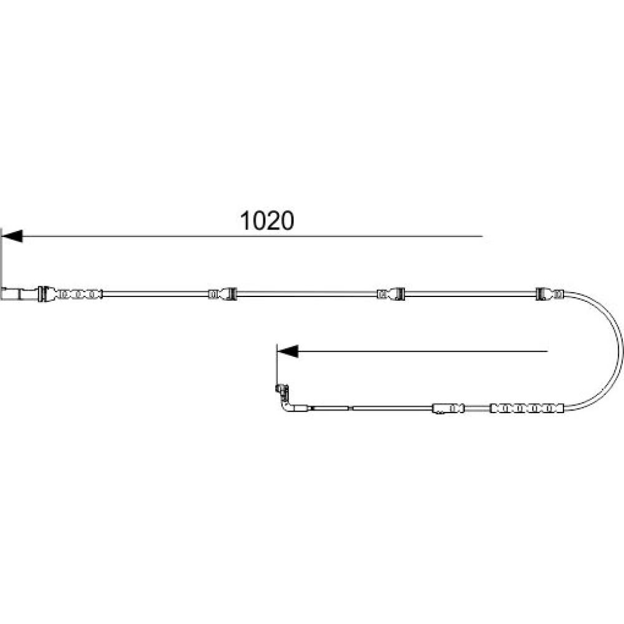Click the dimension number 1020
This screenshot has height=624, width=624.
[267, 221]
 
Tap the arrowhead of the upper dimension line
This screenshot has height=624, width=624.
[12, 236]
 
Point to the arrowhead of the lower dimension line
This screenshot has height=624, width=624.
[287, 351]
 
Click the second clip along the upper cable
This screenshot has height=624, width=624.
[223, 294]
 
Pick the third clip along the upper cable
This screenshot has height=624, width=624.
[391, 294]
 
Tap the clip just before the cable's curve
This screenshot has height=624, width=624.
[550, 294]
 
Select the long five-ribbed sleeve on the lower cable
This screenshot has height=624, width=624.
[527, 408]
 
